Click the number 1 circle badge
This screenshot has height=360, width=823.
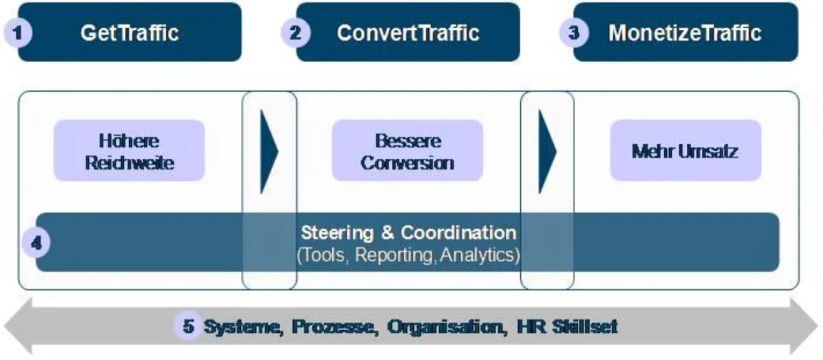click(x=18, y=33)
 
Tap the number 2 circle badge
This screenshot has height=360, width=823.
click(x=296, y=33)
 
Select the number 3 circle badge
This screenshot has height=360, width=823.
click(x=574, y=33)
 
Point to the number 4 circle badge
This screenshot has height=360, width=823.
click(x=36, y=243)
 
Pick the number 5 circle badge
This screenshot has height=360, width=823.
click(x=189, y=326)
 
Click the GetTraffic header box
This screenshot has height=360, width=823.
click(x=130, y=32)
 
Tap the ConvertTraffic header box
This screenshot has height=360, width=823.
click(x=408, y=32)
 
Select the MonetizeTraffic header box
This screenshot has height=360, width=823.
click(x=686, y=32)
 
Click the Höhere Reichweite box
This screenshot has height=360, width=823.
click(x=129, y=150)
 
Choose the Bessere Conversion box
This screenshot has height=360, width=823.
click(x=407, y=150)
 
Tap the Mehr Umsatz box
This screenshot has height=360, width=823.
click(x=686, y=150)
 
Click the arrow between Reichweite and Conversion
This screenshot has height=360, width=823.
click(x=269, y=152)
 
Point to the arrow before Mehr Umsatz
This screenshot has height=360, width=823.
click(x=547, y=152)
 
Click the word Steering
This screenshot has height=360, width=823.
click(x=337, y=233)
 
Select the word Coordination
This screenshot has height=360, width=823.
click(x=459, y=232)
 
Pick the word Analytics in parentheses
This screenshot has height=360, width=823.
click(x=477, y=254)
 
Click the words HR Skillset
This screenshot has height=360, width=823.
click(x=567, y=326)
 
